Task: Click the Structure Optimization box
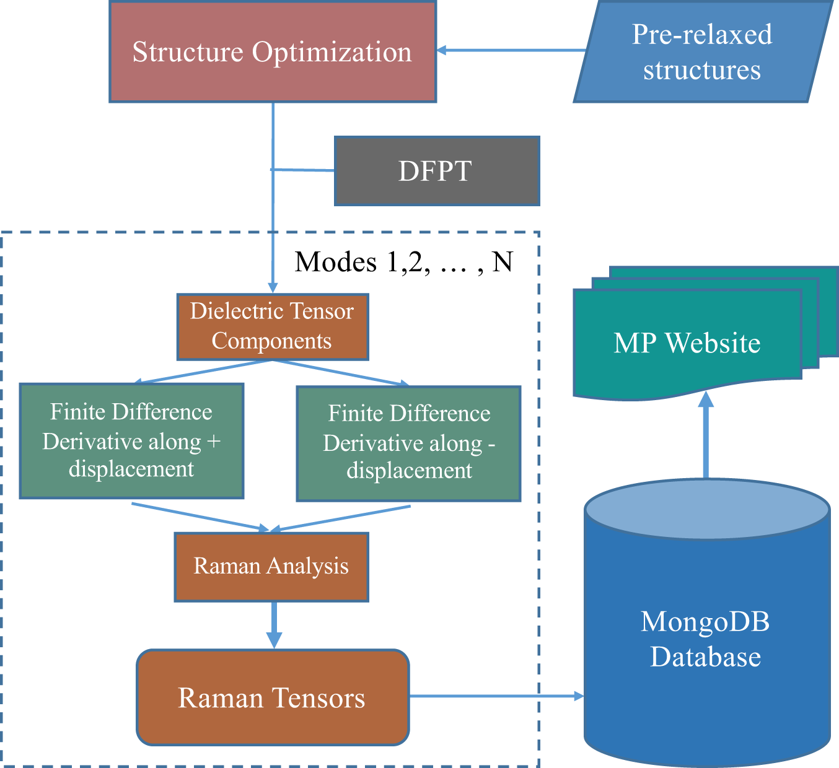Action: click(273, 52)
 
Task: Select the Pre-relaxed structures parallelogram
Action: click(702, 52)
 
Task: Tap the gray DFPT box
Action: click(437, 171)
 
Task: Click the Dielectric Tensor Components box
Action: click(273, 326)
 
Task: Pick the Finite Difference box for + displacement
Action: click(131, 440)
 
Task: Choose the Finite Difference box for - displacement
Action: click(409, 443)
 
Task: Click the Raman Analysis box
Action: click(271, 566)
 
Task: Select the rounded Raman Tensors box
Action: click(273, 697)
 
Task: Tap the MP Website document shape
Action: click(687, 343)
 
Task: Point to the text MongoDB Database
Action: click(706, 639)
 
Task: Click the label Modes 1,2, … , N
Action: click(404, 262)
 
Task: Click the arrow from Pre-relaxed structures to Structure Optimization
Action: click(511, 50)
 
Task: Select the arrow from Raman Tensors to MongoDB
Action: click(496, 696)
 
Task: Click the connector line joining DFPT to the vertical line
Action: click(304, 170)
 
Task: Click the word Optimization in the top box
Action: click(332, 52)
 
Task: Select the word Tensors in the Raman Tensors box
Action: click(320, 698)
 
